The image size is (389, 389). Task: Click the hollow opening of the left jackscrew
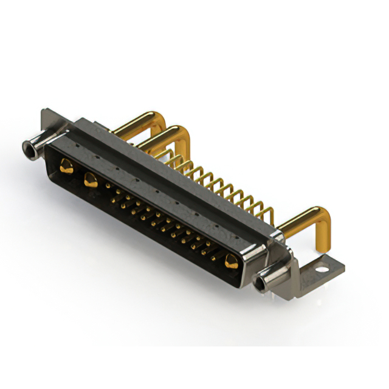click(x=27, y=146)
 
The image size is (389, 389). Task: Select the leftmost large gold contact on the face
click(x=65, y=164)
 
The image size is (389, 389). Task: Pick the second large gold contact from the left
click(x=90, y=179)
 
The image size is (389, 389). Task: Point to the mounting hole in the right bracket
click(x=320, y=266)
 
